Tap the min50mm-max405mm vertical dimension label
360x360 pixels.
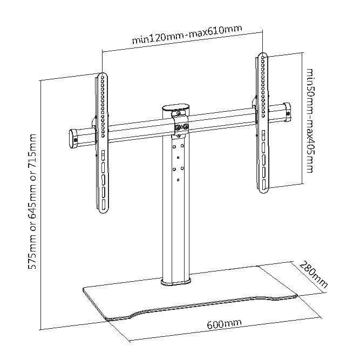click(309, 120)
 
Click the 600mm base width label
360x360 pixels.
click(223, 324)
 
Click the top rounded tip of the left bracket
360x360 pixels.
click(103, 76)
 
